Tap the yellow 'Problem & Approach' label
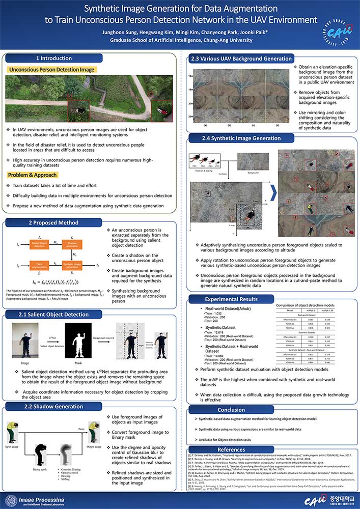[x=31, y=175]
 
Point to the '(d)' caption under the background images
[x=276, y=125]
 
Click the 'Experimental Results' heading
[x=224, y=299]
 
